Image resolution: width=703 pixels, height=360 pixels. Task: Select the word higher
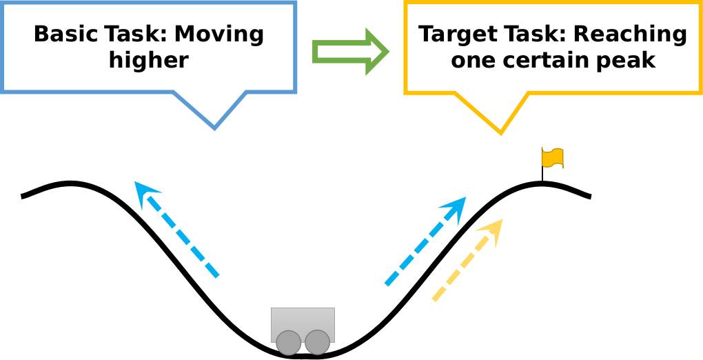point(148,61)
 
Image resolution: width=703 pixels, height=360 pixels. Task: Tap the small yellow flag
point(552,158)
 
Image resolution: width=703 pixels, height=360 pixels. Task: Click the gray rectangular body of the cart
point(303,320)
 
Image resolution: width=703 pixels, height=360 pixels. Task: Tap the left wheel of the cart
point(288,343)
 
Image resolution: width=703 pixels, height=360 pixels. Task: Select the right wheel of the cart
point(317,343)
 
